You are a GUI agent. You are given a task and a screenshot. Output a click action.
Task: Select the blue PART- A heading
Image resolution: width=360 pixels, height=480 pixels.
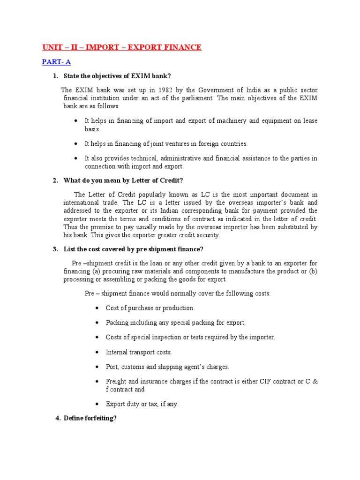click(56, 62)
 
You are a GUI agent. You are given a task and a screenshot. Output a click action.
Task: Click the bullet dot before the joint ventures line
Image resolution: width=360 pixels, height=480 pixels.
click(76, 143)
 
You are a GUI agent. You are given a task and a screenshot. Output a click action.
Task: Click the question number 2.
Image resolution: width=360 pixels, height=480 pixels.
click(55, 181)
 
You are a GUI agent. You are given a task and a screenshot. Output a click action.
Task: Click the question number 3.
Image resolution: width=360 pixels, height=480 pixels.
click(55, 249)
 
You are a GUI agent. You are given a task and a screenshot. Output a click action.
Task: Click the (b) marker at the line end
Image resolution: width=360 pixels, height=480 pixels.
click(313, 271)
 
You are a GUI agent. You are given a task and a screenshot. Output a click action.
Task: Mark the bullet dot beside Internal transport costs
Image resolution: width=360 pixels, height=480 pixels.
click(97, 352)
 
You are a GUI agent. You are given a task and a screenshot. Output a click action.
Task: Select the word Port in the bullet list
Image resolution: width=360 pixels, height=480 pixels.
click(112, 367)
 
